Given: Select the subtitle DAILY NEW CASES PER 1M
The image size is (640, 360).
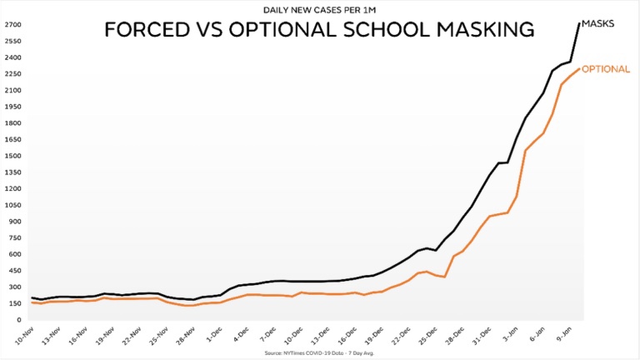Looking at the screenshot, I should pos(318,10).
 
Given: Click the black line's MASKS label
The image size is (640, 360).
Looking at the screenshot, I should pos(598,23).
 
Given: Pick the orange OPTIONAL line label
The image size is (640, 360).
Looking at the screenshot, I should pos(605,69).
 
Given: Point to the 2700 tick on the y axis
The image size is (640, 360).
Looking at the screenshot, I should pos(13,25).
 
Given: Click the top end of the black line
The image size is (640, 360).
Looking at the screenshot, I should pos(580,23).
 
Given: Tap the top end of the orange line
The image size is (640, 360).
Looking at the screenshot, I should pos(579,69).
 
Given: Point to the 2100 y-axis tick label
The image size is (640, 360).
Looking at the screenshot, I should pos(13,90).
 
